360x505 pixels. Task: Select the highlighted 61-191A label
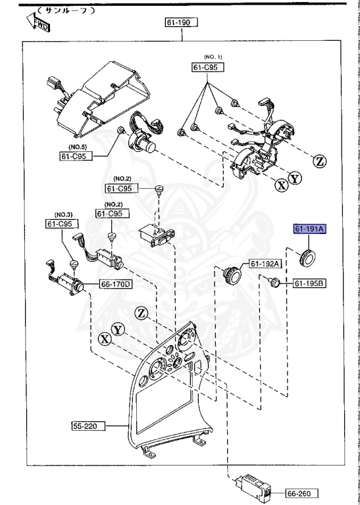tap(309, 229)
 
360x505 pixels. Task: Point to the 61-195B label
tap(309, 283)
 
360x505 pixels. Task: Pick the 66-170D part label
tap(116, 285)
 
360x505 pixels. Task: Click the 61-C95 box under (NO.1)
tap(208, 67)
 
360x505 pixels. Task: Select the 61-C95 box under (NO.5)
tap(74, 156)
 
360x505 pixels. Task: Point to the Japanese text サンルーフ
tap(66, 11)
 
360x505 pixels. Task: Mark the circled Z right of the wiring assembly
tap(319, 160)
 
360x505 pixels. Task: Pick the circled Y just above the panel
tap(118, 329)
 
